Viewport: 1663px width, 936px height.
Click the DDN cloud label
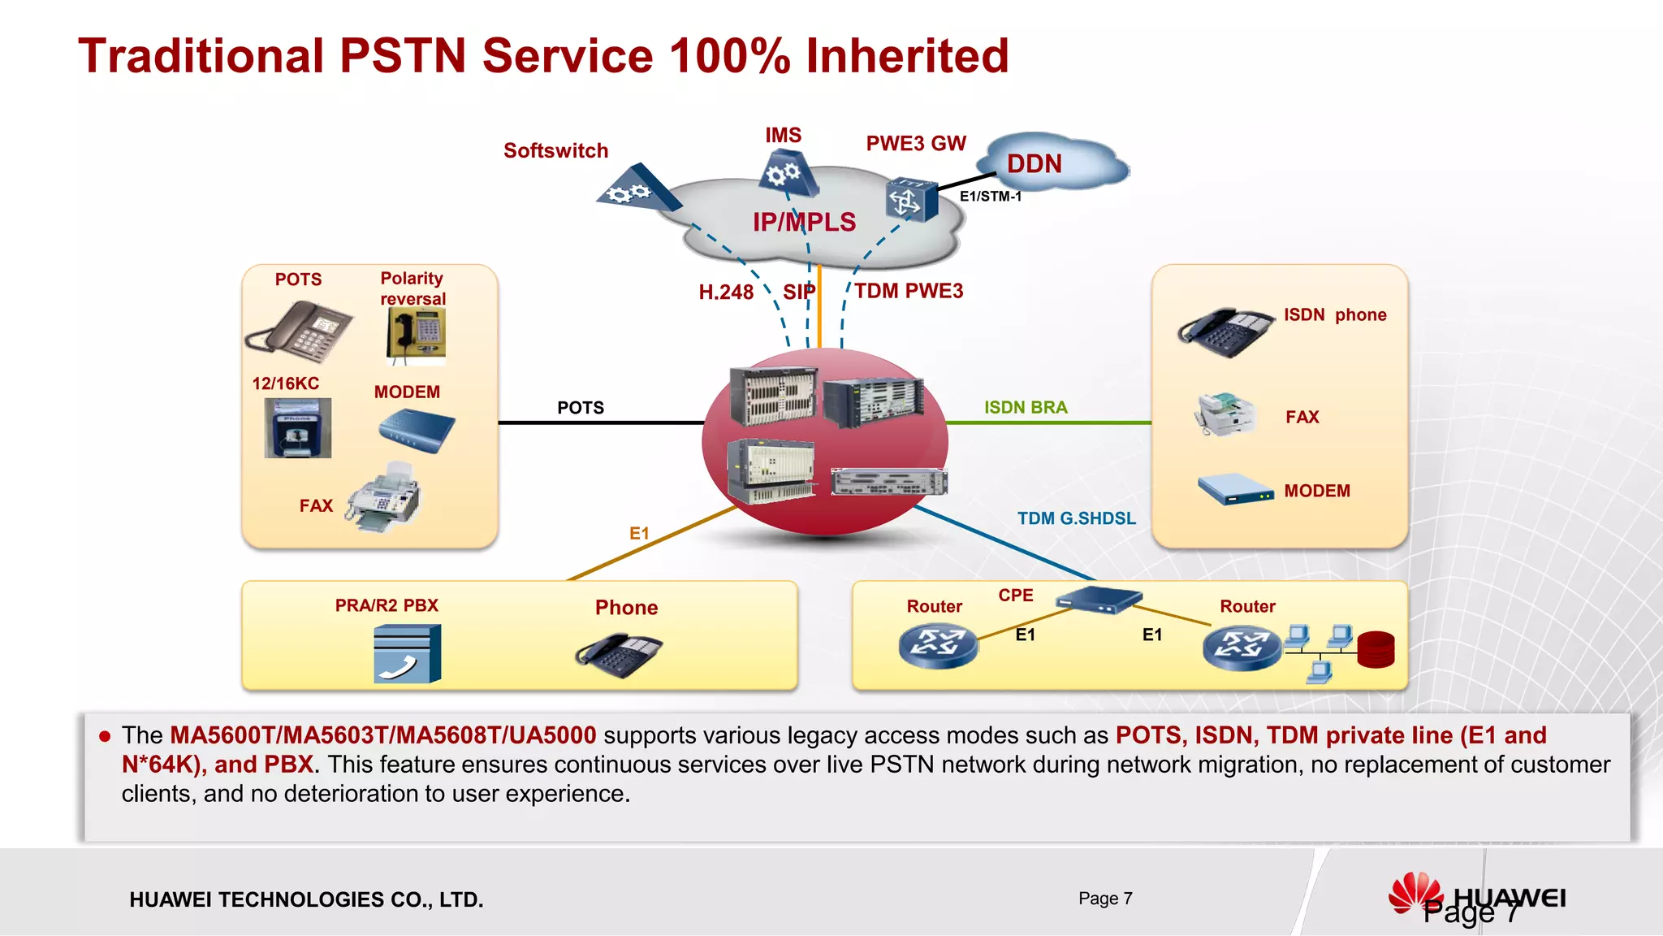pyautogui.click(x=1034, y=164)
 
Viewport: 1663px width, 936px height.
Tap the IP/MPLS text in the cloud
pyautogui.click(x=804, y=222)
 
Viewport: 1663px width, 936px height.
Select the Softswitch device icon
pyautogui.click(x=637, y=189)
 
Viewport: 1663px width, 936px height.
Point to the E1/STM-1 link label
pyautogui.click(x=990, y=197)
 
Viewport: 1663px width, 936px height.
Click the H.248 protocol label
pyautogui.click(x=726, y=292)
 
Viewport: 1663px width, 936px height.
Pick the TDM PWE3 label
pyautogui.click(x=908, y=291)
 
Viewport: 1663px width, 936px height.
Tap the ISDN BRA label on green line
pyautogui.click(x=1026, y=407)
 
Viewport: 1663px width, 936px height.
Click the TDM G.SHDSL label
pyautogui.click(x=1076, y=518)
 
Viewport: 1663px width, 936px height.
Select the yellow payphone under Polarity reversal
pyautogui.click(x=417, y=336)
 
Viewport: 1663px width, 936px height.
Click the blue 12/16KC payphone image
pyautogui.click(x=298, y=428)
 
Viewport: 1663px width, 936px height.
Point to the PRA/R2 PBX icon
pyautogui.click(x=408, y=653)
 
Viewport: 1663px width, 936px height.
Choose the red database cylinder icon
pyautogui.click(x=1376, y=649)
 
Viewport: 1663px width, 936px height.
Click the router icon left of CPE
pyautogui.click(x=938, y=646)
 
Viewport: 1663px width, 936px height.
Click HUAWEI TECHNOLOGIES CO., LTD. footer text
pyautogui.click(x=306, y=899)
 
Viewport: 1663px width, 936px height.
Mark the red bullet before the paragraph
pyautogui.click(x=104, y=736)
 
